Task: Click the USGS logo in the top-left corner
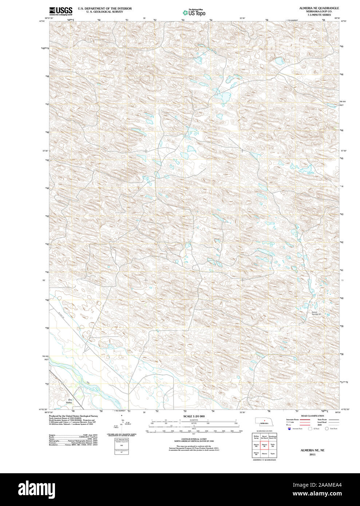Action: (61, 11)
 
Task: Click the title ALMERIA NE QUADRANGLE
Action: (319, 8)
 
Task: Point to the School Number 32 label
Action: (316, 313)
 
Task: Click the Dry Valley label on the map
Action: (70, 401)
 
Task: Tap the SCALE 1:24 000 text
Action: (194, 416)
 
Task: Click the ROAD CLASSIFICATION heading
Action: (312, 416)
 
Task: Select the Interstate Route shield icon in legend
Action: (289, 429)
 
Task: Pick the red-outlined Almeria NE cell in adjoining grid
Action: (264, 445)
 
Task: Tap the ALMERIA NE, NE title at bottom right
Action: (312, 450)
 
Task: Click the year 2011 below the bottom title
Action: (312, 454)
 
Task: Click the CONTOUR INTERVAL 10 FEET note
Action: (194, 439)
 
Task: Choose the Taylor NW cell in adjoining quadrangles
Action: (273, 445)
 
